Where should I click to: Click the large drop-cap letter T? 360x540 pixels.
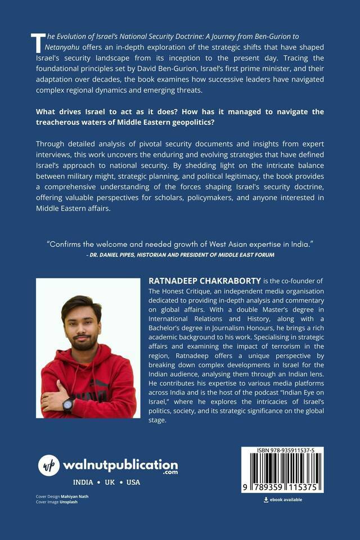38,43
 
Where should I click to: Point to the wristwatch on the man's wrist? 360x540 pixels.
68,405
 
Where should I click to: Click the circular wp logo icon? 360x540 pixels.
49,465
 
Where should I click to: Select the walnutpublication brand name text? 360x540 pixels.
120,465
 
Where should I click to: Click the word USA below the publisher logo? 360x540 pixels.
133,483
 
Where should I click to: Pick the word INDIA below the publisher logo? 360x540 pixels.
84,483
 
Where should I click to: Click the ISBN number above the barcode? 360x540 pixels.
282,451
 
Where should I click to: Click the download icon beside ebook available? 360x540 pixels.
266,499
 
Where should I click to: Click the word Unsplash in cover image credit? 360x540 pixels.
69,502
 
